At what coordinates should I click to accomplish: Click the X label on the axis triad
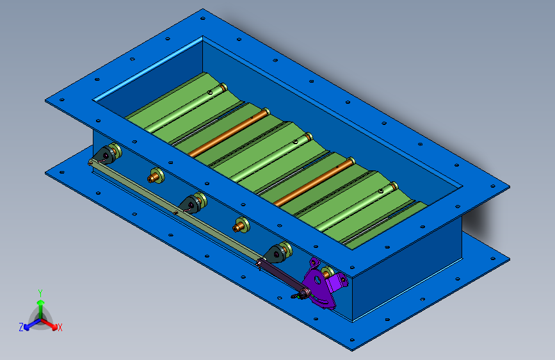pos(60,327)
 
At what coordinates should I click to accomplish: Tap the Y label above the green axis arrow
pos(40,293)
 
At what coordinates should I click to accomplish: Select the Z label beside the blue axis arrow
pos(21,327)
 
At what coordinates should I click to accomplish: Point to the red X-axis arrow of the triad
pos(49,324)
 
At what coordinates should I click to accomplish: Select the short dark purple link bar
pos(282,277)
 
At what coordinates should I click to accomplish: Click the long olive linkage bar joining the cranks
pos(174,211)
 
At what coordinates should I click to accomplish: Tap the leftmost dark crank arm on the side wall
pos(105,156)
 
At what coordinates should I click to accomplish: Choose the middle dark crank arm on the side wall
pos(190,205)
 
